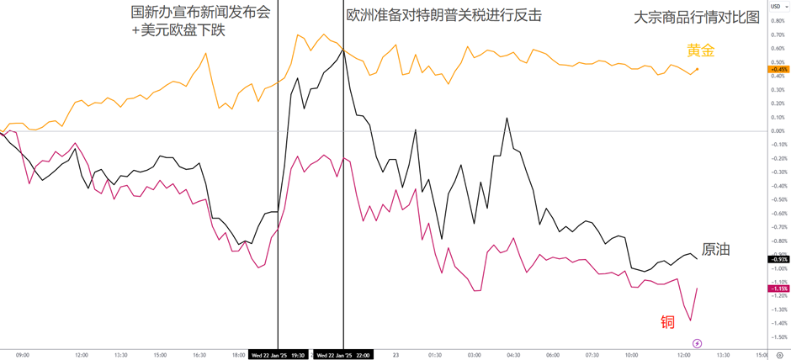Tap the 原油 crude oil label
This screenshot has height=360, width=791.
(x=715, y=249)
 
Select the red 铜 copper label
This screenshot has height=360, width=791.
(x=667, y=321)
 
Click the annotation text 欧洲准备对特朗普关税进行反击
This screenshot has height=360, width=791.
(x=443, y=15)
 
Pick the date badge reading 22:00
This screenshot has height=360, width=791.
(x=343, y=355)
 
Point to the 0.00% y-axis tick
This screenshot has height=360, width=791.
(x=778, y=130)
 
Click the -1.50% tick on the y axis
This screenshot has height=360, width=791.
(x=778, y=336)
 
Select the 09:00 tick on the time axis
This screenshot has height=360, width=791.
(x=23, y=355)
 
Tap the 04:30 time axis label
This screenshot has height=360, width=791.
(x=512, y=355)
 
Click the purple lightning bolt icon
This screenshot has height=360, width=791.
(x=697, y=343)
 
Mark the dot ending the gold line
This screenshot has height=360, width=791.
(x=697, y=69)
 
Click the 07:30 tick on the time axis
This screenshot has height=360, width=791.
(x=592, y=355)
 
